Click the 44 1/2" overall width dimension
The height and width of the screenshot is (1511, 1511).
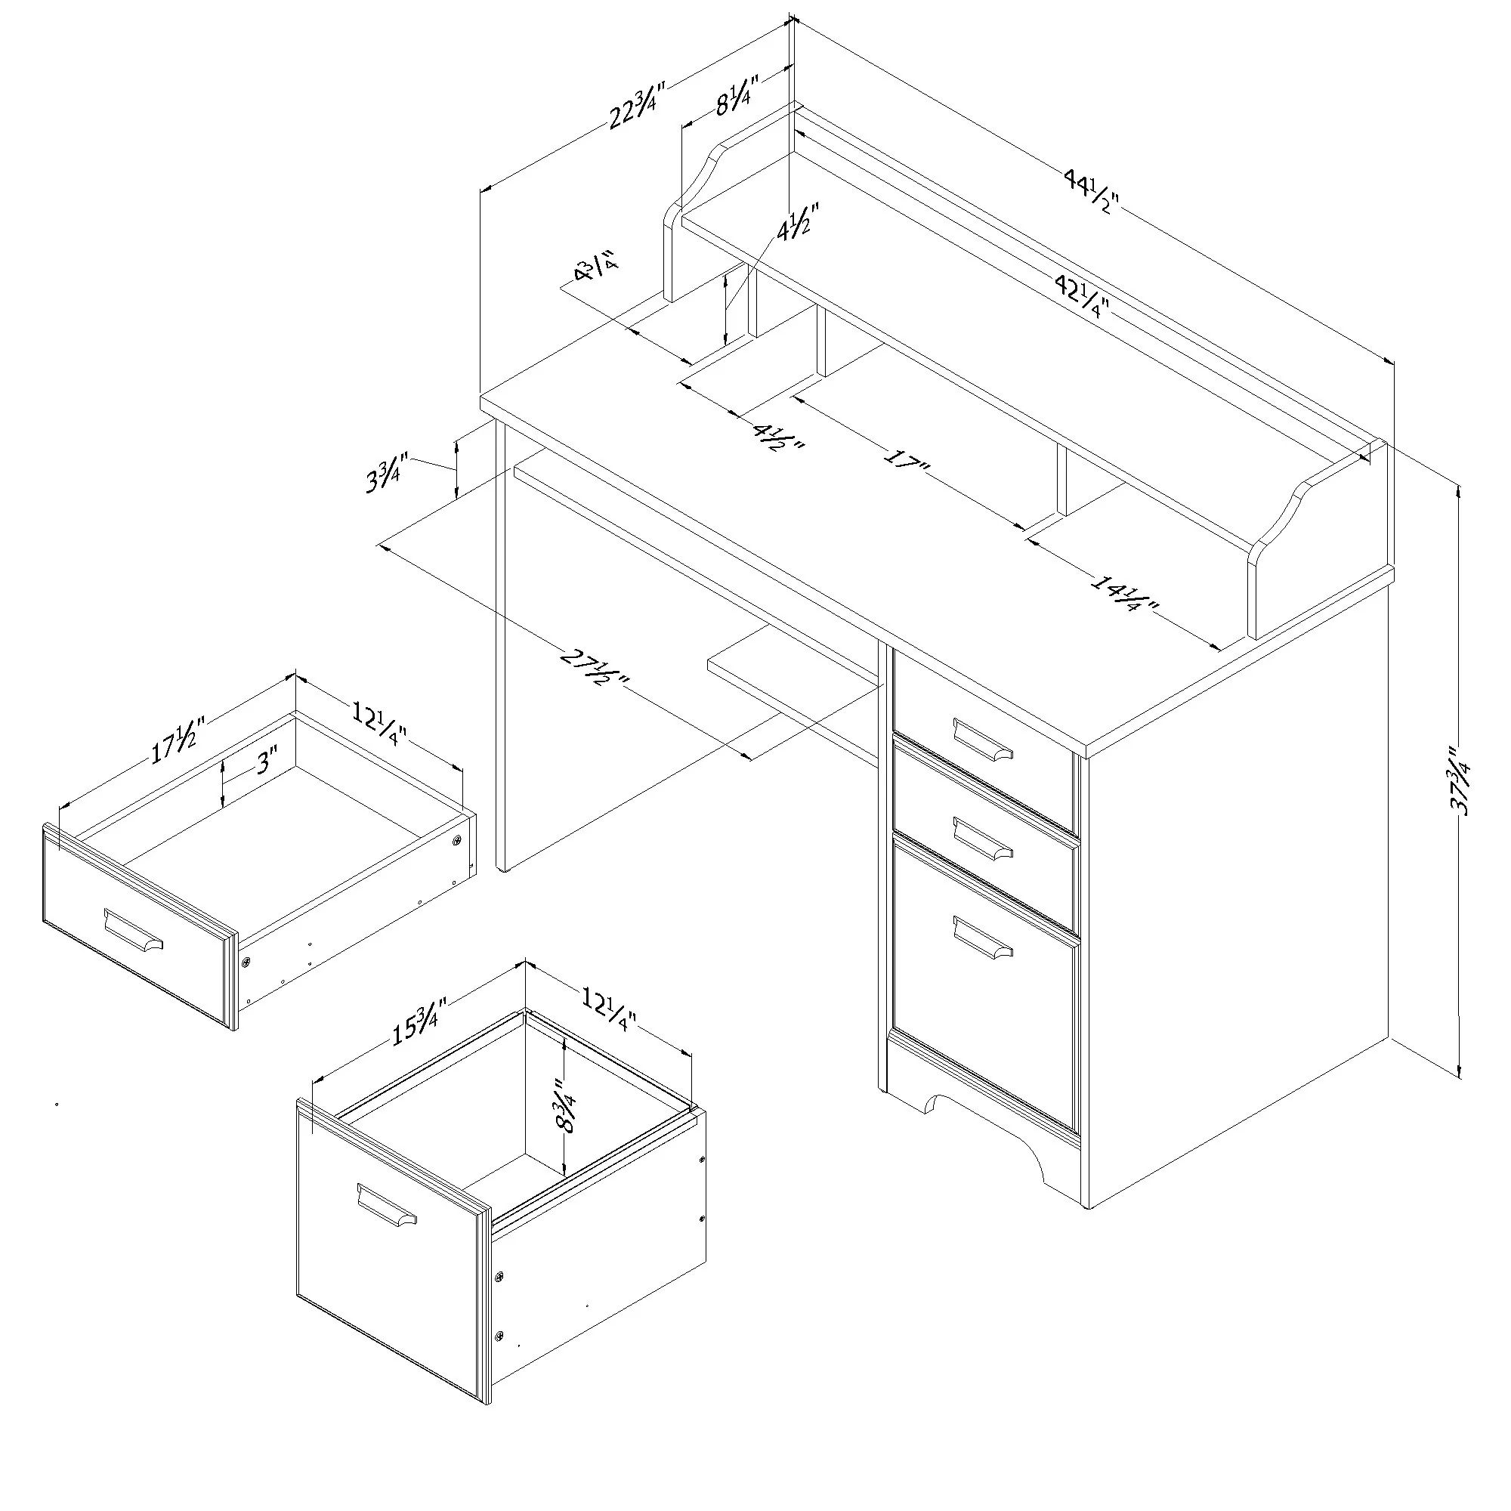(1092, 193)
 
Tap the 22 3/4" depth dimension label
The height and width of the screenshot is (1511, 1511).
(637, 106)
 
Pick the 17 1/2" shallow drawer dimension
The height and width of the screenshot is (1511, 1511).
(178, 739)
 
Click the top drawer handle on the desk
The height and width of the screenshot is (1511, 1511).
(982, 739)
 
